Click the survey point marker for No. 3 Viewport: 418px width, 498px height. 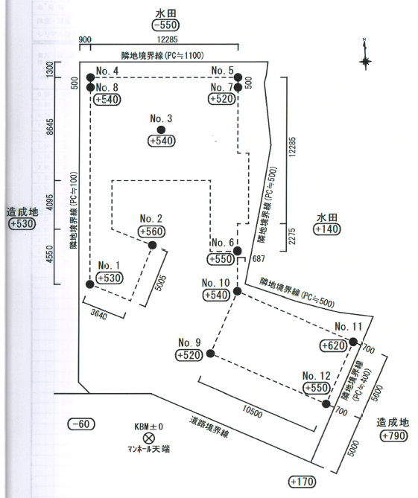click(161, 130)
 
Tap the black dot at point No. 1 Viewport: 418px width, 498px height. click(90, 284)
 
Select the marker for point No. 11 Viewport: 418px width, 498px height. click(353, 342)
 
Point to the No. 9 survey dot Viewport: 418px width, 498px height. click(210, 354)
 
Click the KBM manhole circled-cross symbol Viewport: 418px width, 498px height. click(148, 438)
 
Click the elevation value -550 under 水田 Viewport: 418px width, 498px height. click(165, 25)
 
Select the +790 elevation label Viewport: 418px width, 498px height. click(394, 435)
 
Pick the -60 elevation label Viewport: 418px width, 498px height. click(81, 424)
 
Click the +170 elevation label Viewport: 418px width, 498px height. click(302, 482)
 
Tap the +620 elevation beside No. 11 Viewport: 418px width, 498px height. click(334, 345)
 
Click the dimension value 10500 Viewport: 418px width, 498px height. click(253, 412)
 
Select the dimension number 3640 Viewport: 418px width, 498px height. click(99, 314)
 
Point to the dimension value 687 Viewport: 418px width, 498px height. click(259, 259)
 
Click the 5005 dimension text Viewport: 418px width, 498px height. click(160, 283)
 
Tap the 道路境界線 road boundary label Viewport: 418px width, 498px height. click(209, 427)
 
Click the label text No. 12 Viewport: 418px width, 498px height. click(316, 376)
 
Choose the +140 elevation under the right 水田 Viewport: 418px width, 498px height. click(327, 229)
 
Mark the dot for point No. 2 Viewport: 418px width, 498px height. click(152, 245)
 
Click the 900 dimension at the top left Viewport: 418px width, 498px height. click(85, 39)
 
